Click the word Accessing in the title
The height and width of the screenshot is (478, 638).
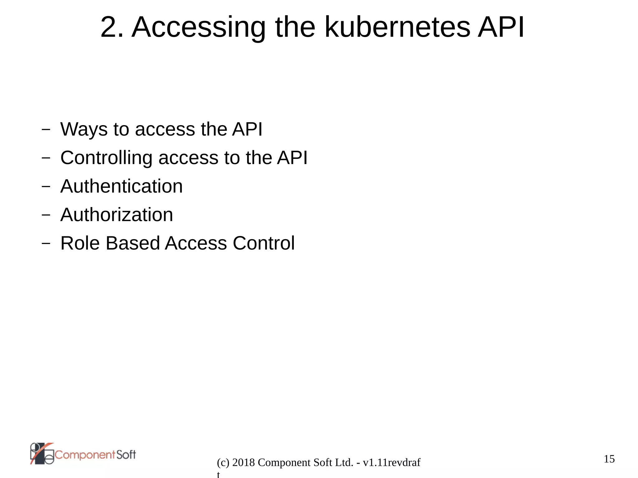(198, 28)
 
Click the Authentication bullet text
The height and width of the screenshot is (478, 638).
(121, 186)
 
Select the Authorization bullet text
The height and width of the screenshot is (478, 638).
(117, 215)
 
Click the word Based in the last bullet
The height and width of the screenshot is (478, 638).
(133, 243)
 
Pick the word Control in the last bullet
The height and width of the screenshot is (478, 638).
(264, 243)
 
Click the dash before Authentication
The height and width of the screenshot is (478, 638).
(46, 187)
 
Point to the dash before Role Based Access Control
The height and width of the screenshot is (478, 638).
(46, 244)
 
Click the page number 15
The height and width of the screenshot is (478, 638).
(609, 459)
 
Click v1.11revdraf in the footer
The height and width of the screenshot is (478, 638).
(392, 463)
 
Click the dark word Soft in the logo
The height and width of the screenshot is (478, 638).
(126, 455)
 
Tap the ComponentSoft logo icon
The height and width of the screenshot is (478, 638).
(42, 454)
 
